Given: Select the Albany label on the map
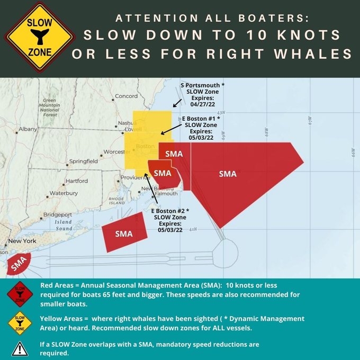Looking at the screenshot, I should [x=28, y=129].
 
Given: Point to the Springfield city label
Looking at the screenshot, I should [x=84, y=161].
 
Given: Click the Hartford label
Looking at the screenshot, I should [x=76, y=181].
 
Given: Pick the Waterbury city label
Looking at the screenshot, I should [x=64, y=193].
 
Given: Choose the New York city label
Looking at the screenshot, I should [x=22, y=241].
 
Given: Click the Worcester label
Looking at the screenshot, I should [x=114, y=152].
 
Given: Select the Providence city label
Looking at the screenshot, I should [x=136, y=178].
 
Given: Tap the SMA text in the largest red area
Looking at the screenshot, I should [x=228, y=174].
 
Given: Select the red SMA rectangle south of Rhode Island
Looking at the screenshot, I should [x=124, y=233].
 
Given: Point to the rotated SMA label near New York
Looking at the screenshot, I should [x=19, y=263].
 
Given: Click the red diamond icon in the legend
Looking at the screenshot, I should [x=20, y=293].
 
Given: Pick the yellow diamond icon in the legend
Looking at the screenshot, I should [x=20, y=322].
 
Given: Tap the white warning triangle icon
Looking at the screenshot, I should [x=20, y=348].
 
